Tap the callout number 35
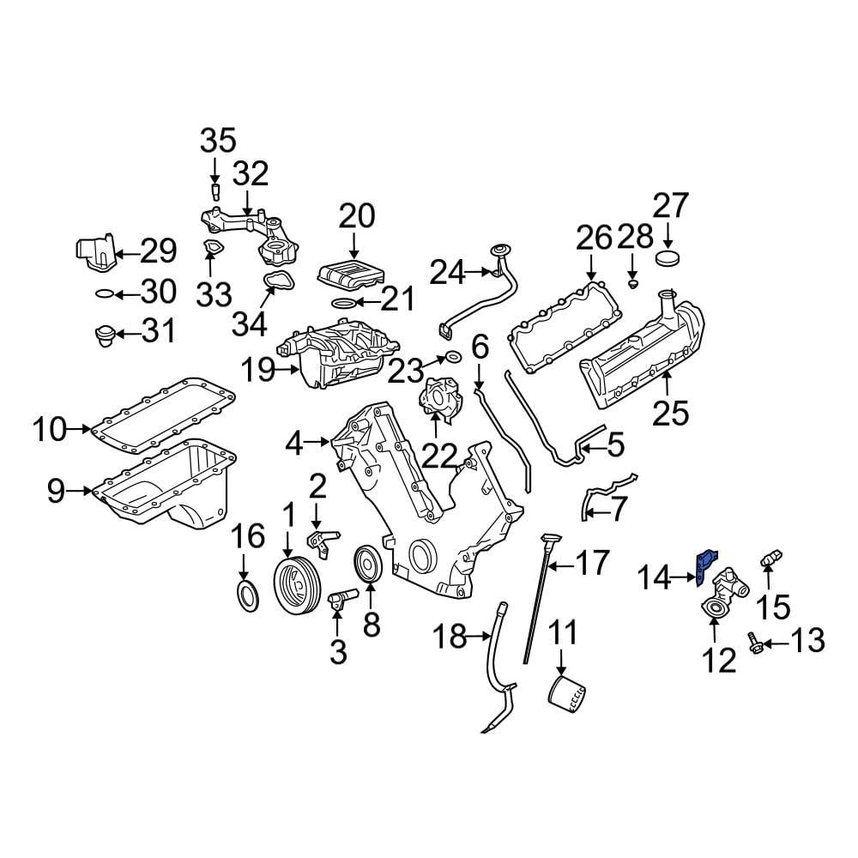(217, 139)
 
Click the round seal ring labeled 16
(245, 595)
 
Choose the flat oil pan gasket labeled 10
(163, 412)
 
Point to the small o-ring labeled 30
(102, 293)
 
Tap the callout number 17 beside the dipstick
(592, 564)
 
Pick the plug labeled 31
(104, 334)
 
